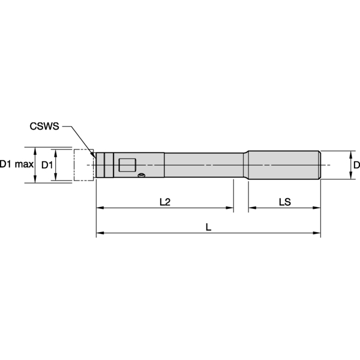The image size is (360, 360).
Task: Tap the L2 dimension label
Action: (x=165, y=202)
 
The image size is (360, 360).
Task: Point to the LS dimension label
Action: (x=284, y=202)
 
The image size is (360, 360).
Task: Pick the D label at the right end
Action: (x=356, y=164)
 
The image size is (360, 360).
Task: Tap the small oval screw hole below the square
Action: (x=142, y=175)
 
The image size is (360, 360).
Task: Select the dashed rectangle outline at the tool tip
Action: (x=83, y=164)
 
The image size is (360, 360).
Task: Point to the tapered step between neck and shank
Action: (x=245, y=164)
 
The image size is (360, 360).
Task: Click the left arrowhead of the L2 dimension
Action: (x=100, y=208)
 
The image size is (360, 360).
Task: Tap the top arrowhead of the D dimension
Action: (x=350, y=153)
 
